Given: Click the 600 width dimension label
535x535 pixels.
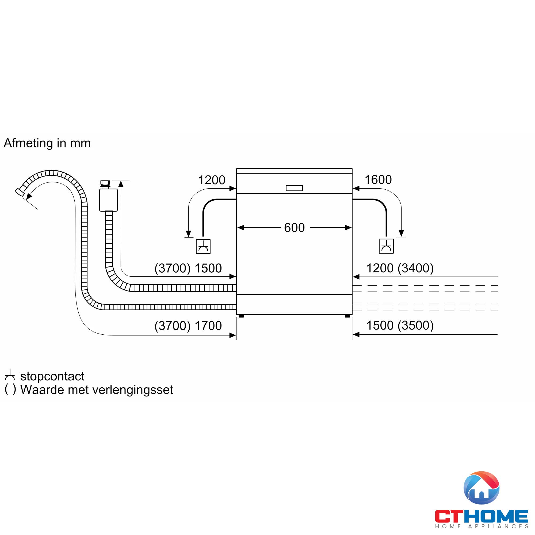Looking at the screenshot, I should [x=294, y=228].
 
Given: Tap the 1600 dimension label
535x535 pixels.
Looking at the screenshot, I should [x=378, y=180].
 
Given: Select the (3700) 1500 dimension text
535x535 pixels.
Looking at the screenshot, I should [x=188, y=268].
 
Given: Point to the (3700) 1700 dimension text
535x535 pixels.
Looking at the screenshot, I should [x=188, y=326].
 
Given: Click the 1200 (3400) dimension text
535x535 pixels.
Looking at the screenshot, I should [x=400, y=268].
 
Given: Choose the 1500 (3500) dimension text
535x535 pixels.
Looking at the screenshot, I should [x=400, y=325].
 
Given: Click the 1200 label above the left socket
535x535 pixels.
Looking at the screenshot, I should [x=212, y=180].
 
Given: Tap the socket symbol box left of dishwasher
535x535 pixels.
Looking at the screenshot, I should [x=203, y=246].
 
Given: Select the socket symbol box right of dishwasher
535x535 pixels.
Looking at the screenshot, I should [x=386, y=246].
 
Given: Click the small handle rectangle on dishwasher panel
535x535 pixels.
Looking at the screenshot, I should [x=294, y=188].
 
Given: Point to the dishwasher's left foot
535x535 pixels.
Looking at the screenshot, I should [x=241, y=316].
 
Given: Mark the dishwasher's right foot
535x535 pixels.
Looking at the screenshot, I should [x=347, y=316].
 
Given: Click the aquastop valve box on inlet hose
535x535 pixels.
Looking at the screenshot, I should [x=108, y=200].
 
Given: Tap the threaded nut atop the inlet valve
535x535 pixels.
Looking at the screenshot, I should [x=105, y=183].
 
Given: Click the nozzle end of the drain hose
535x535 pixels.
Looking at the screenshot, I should [x=19, y=192].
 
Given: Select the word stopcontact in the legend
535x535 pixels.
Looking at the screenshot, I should [x=52, y=376].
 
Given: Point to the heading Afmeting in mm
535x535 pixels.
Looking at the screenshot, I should [x=47, y=143].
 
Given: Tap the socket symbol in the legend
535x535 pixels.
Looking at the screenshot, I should [x=10, y=376].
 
